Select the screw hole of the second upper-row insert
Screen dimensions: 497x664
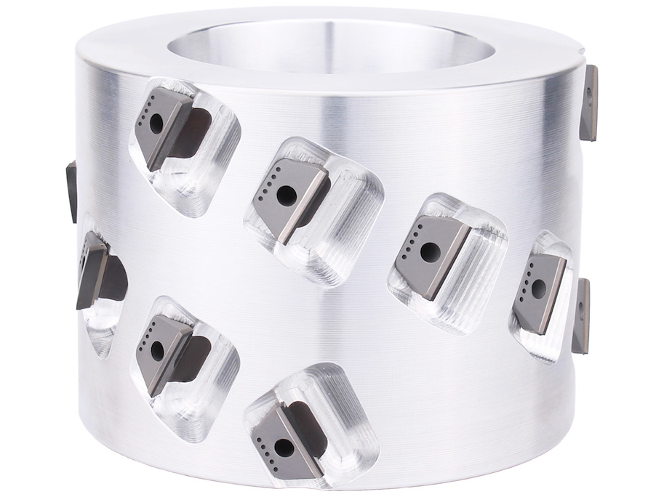287,195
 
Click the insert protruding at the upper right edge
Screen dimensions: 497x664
590,102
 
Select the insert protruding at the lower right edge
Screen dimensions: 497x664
581,315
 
